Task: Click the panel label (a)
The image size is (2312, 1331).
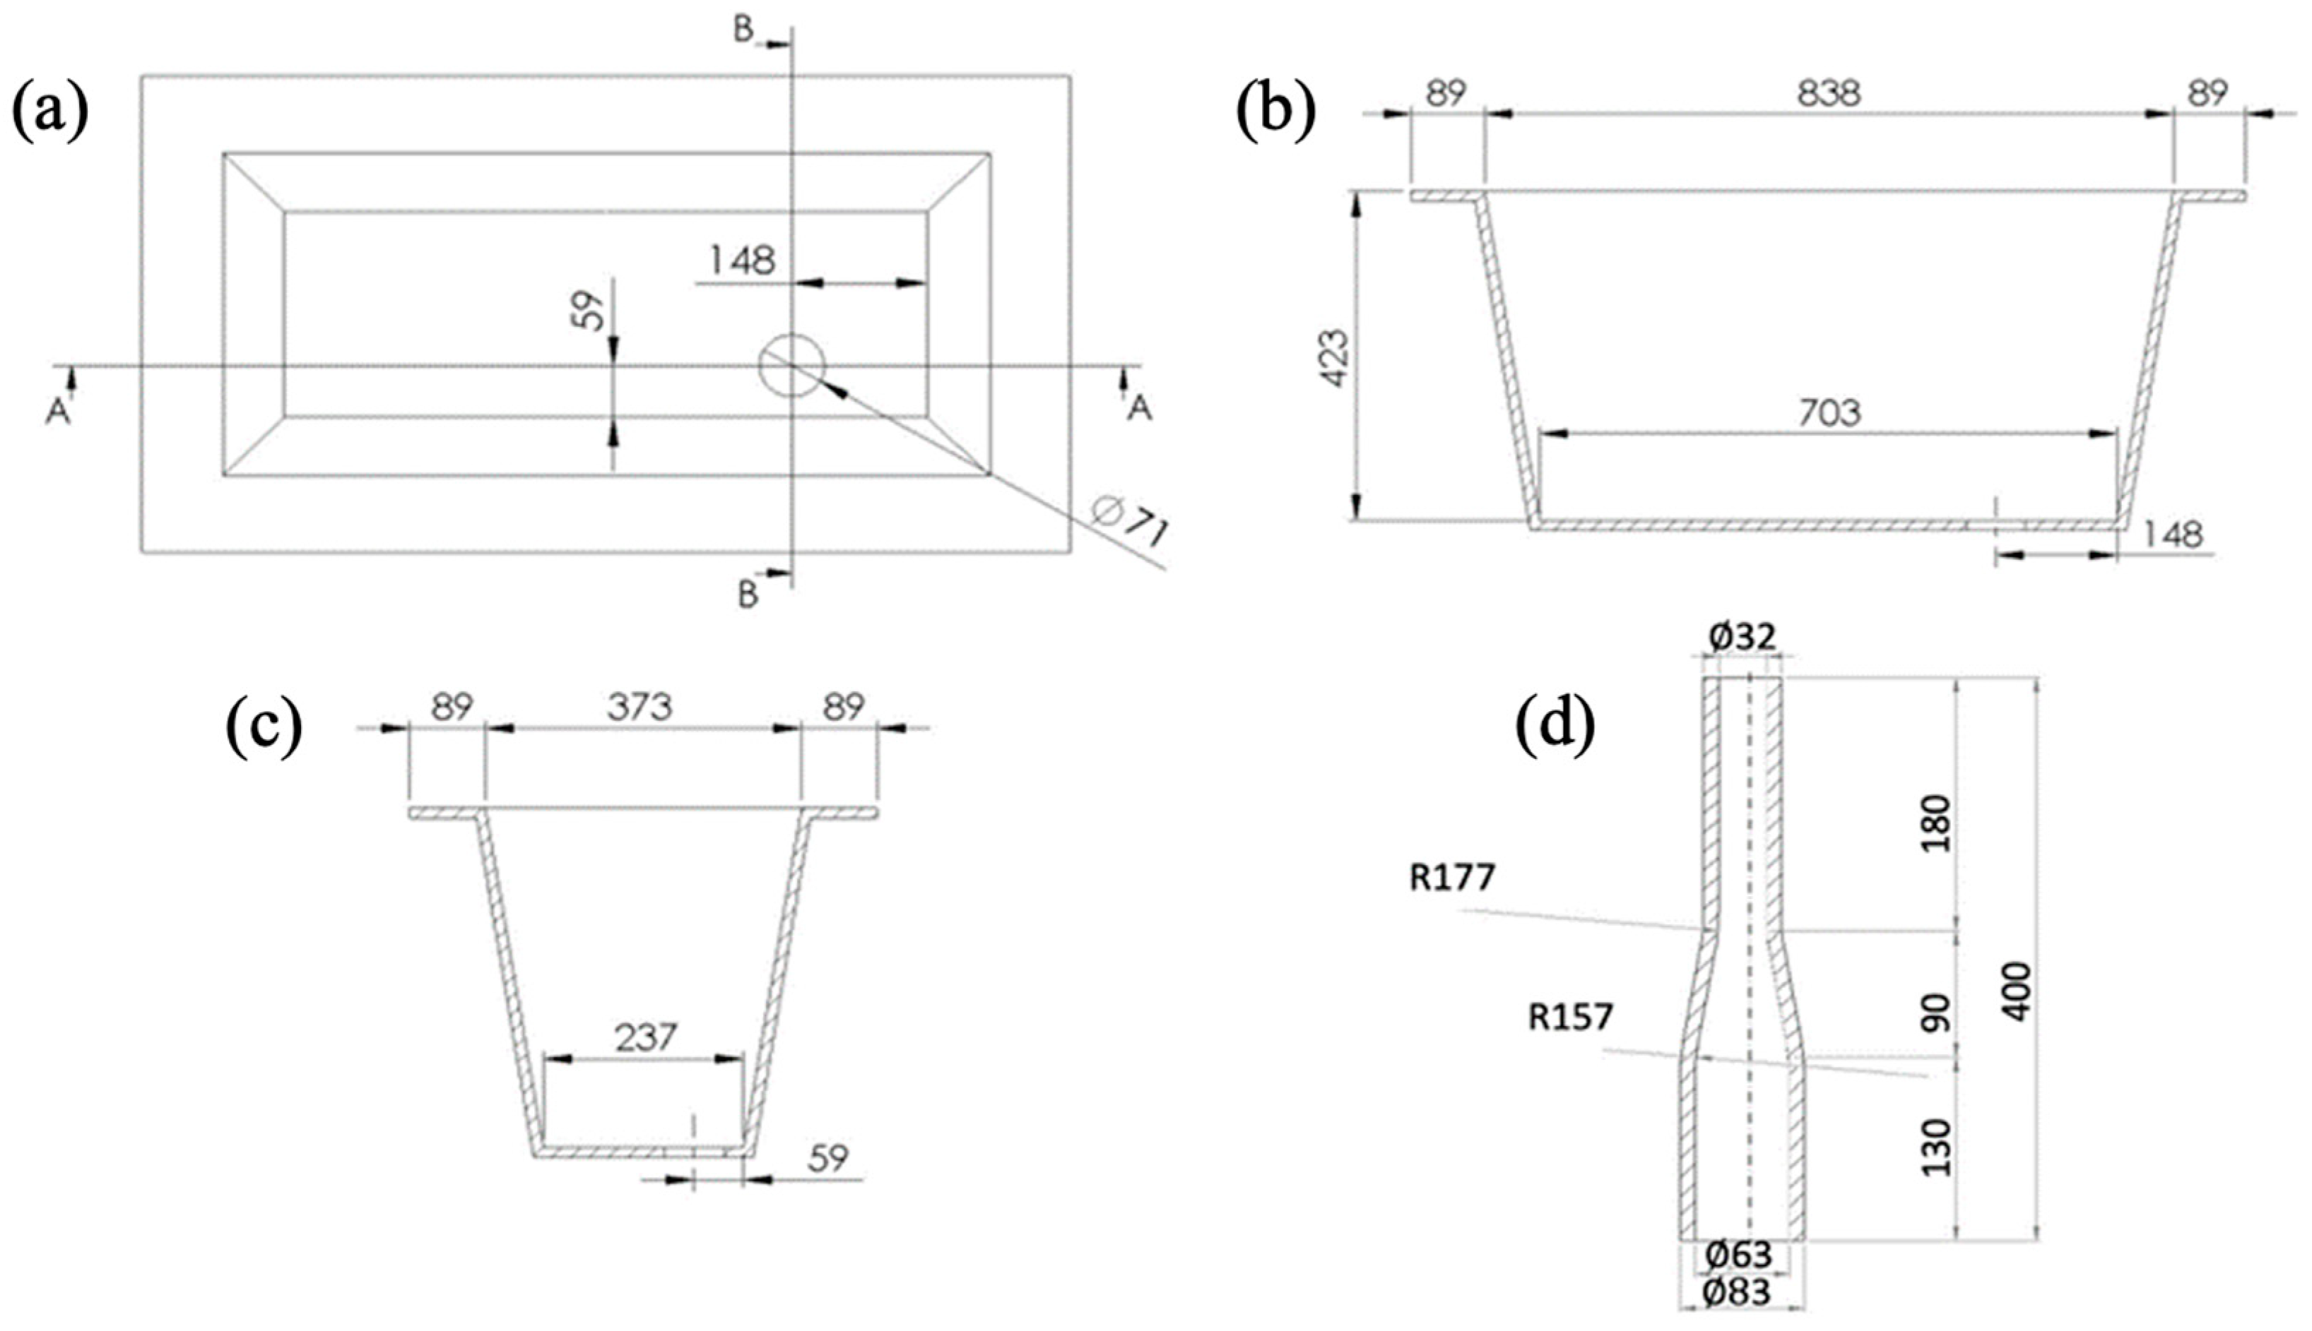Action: tap(50, 112)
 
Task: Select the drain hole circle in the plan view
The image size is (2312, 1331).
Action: tap(792, 365)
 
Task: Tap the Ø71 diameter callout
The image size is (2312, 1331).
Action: tap(1131, 524)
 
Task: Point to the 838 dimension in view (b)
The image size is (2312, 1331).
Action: tap(1828, 93)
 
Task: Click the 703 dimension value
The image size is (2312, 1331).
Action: tap(1829, 414)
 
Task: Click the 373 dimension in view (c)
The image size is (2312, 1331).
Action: tap(640, 707)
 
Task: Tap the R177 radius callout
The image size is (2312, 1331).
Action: tap(1452, 878)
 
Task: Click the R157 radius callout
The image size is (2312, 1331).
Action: tap(1571, 1017)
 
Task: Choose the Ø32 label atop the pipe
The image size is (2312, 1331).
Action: tap(1742, 637)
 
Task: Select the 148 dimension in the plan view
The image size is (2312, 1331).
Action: tap(743, 261)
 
